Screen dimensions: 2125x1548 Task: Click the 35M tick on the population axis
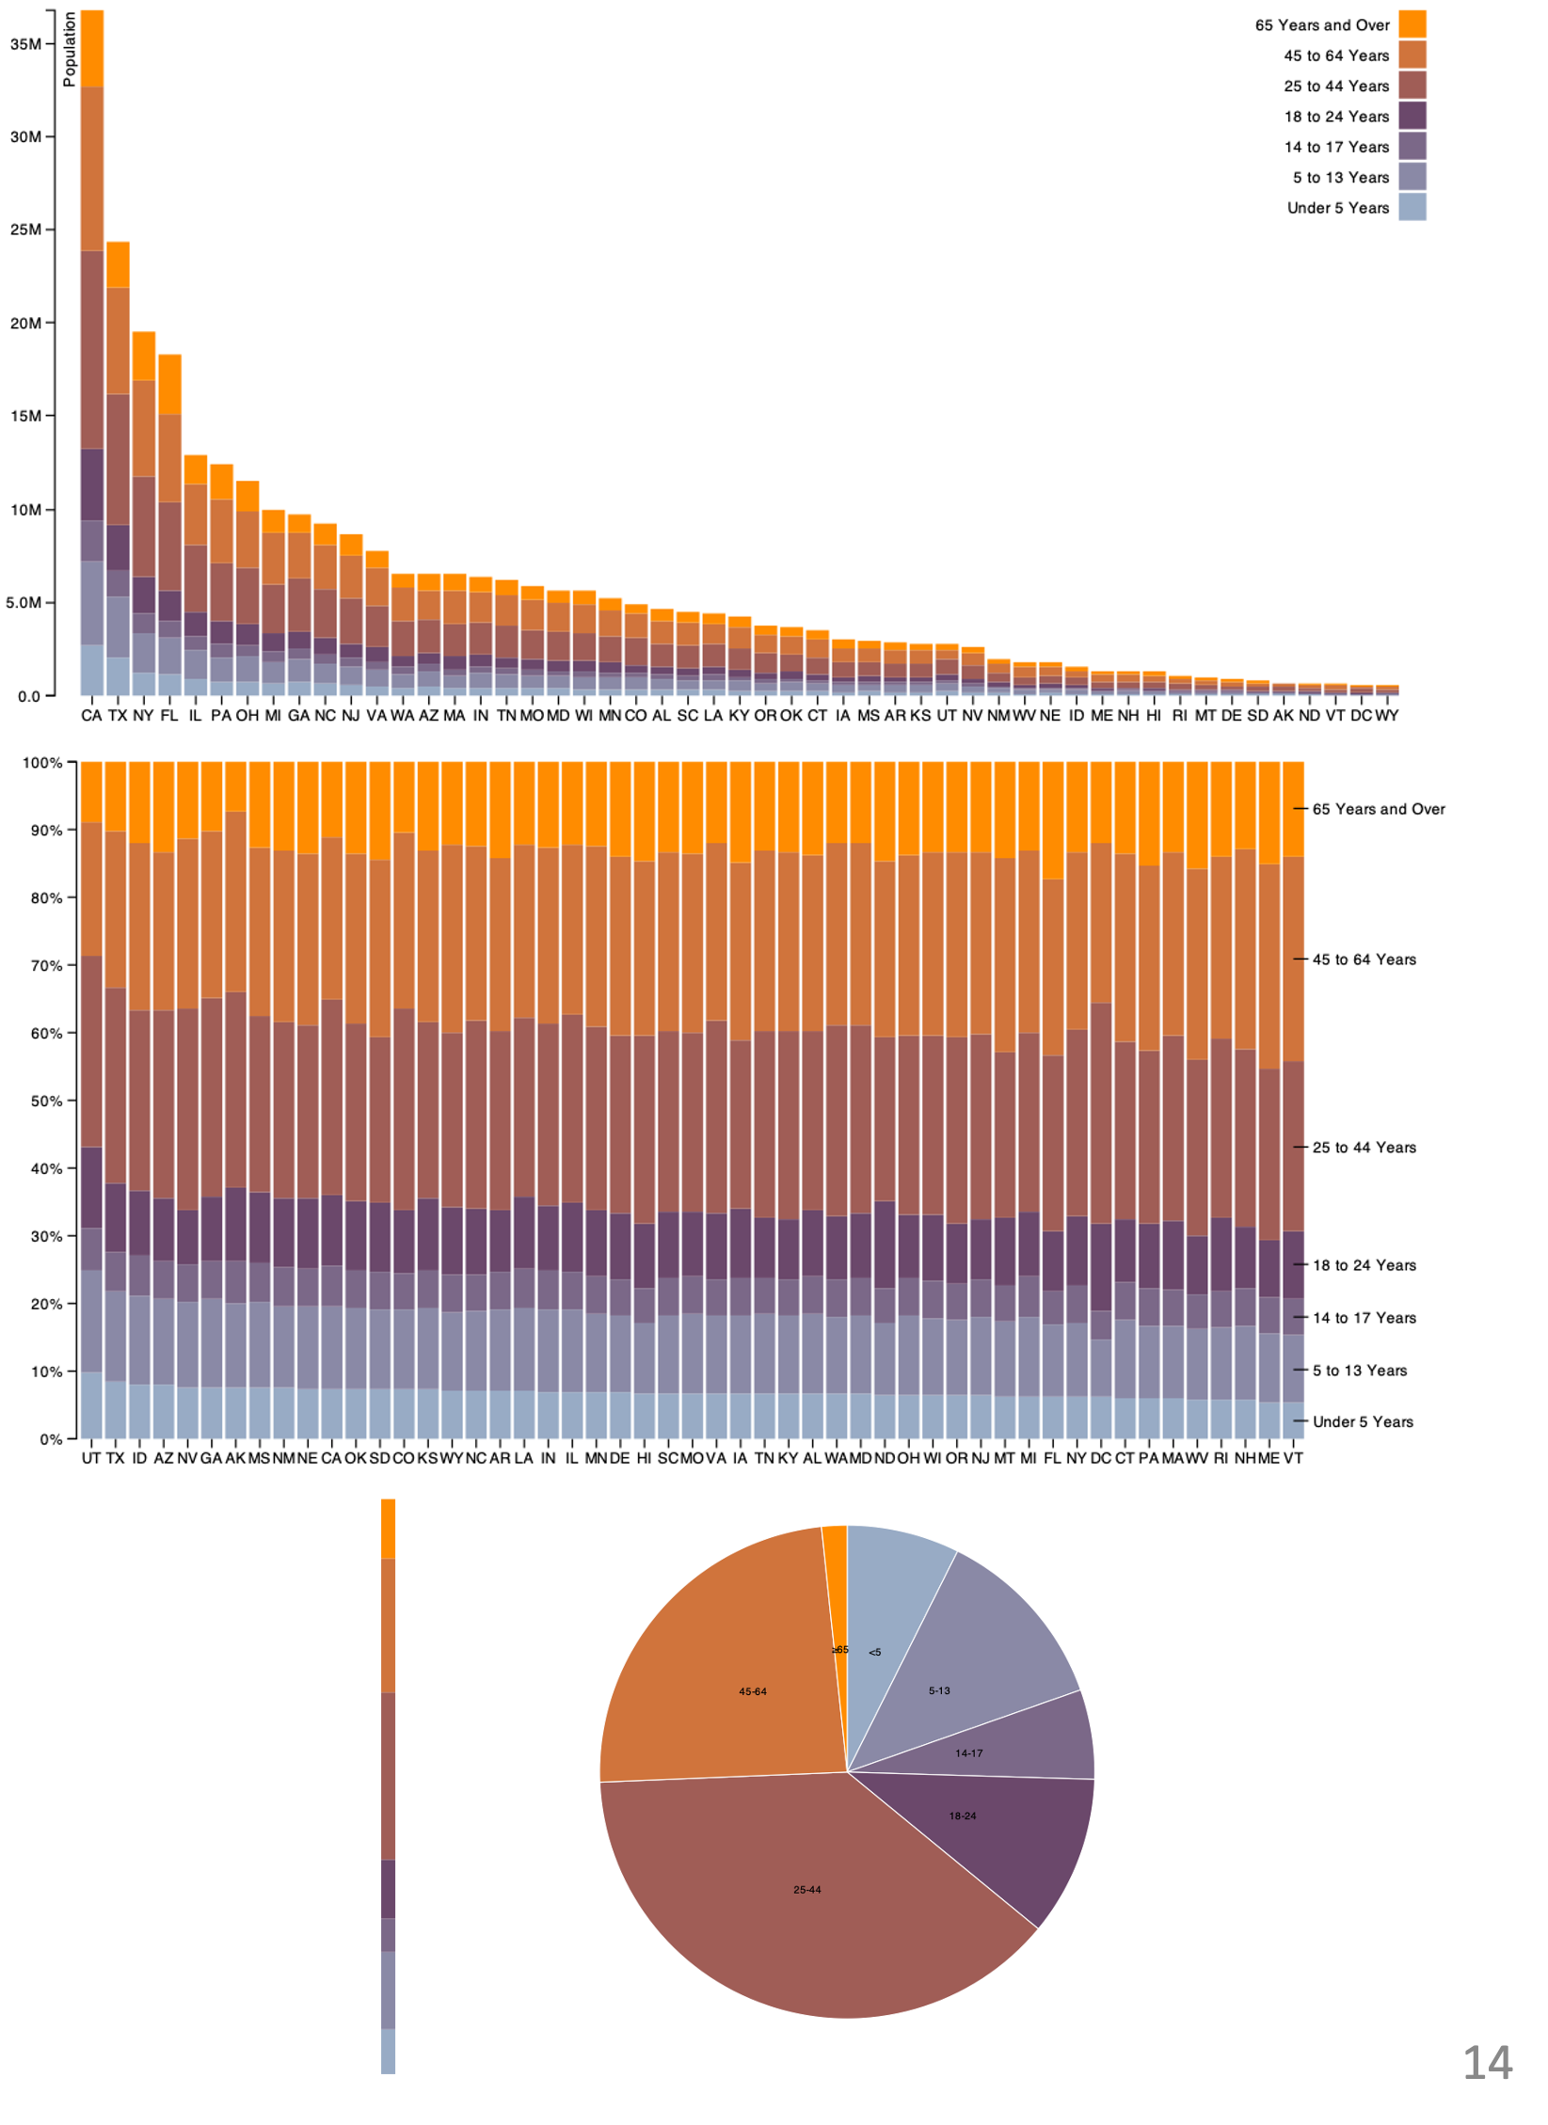point(26,44)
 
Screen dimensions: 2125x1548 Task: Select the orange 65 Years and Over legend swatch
point(1412,24)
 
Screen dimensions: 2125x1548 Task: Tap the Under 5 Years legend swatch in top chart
point(1412,207)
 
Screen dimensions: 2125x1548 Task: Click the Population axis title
point(70,50)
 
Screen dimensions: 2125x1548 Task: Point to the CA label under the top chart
point(91,716)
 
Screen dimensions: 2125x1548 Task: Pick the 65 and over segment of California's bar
point(92,49)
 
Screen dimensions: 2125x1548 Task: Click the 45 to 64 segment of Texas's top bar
point(118,341)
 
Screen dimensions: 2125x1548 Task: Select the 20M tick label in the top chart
point(26,324)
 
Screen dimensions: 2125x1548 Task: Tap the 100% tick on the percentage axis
point(42,763)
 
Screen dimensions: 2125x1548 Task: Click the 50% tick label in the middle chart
point(46,1101)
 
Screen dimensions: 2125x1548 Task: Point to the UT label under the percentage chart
point(90,1458)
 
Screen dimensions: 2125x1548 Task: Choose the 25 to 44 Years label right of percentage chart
point(1364,1148)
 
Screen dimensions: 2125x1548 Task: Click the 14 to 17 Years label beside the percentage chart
point(1364,1318)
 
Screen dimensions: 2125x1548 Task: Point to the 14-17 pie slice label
point(968,1753)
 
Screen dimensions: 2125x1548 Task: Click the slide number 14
point(1487,2063)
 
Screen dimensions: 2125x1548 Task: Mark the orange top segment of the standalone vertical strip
point(389,1529)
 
